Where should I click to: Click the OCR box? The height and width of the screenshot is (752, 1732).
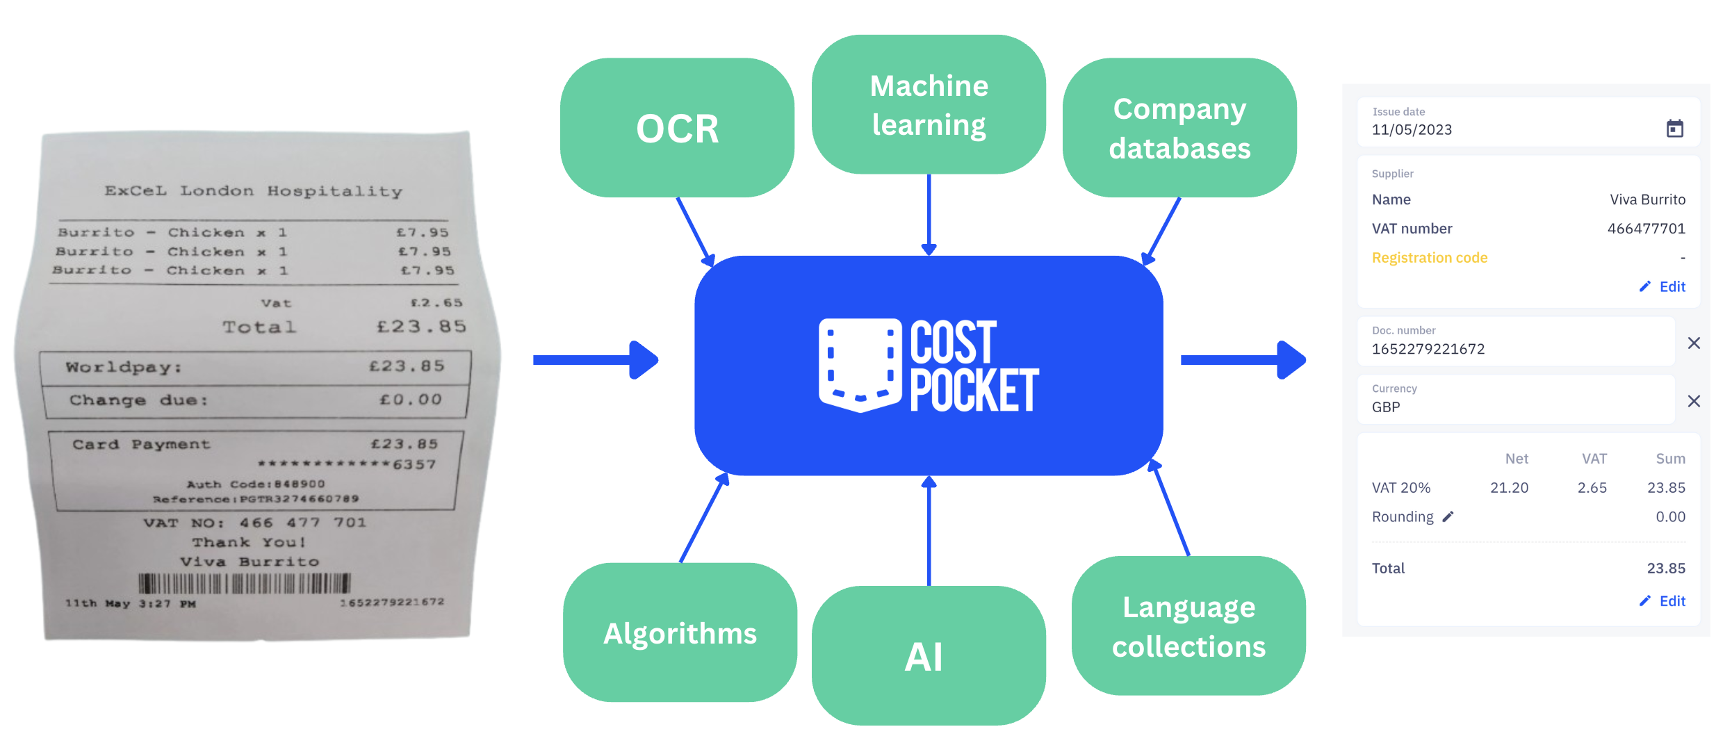pyautogui.click(x=677, y=128)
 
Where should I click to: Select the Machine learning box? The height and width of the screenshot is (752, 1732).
pyautogui.click(x=929, y=105)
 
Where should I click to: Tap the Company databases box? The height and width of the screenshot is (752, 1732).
pyautogui.click(x=1179, y=128)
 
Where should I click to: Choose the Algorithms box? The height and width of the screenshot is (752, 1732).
pyautogui.click(x=680, y=632)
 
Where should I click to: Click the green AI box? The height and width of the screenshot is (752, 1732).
pyautogui.click(x=929, y=655)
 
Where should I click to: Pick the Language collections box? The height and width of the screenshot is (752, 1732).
pyautogui.click(x=1188, y=626)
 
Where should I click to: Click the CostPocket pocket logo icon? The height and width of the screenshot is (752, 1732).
pyautogui.click(x=860, y=365)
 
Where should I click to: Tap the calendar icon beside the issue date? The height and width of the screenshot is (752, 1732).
pyautogui.click(x=1675, y=129)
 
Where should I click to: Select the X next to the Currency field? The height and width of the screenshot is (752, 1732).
pyautogui.click(x=1694, y=401)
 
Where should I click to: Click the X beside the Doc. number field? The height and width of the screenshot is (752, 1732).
pyautogui.click(x=1694, y=343)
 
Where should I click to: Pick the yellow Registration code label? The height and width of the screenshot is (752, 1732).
pyautogui.click(x=1430, y=258)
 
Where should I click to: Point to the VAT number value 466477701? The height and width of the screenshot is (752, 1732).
pyautogui.click(x=1646, y=229)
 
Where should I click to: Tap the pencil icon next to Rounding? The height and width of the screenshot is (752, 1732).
pyautogui.click(x=1448, y=516)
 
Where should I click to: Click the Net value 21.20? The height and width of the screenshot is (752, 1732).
pyautogui.click(x=1509, y=488)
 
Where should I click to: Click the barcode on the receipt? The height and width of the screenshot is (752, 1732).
pyautogui.click(x=245, y=583)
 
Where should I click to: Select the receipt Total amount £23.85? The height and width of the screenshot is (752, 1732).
pyautogui.click(x=421, y=326)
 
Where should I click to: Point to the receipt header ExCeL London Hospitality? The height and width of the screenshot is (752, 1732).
pyautogui.click(x=254, y=191)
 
